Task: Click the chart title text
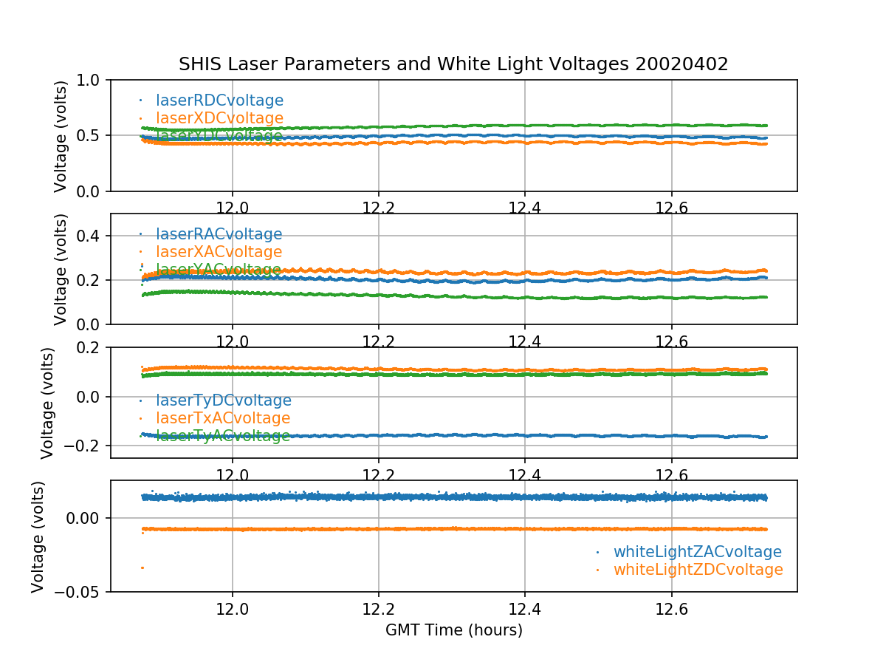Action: point(453,64)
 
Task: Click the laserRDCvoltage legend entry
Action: point(219,100)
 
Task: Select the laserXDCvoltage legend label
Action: point(219,118)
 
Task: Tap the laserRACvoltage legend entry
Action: point(219,235)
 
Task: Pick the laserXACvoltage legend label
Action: point(219,253)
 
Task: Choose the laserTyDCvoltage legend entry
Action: point(223,400)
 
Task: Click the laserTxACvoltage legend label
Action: point(223,418)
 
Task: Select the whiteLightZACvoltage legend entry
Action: point(697,552)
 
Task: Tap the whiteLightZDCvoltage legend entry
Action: point(698,570)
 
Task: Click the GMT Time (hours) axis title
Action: point(453,630)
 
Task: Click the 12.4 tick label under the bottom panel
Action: point(524,610)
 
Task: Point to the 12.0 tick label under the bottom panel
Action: point(233,610)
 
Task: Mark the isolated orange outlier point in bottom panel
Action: point(142,567)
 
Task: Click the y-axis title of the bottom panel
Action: point(38,536)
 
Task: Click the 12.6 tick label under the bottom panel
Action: point(671,610)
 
